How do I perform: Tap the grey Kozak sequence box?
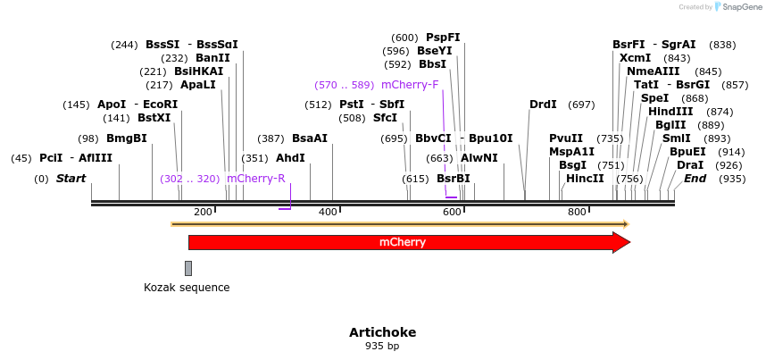pyautogui.click(x=188, y=268)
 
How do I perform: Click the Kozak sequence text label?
pyautogui.click(x=187, y=288)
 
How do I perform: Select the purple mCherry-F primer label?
pyautogui.click(x=410, y=85)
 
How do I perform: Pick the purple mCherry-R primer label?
pyautogui.click(x=256, y=179)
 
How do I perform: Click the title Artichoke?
pyautogui.click(x=382, y=332)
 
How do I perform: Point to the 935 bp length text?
pyautogui.click(x=382, y=346)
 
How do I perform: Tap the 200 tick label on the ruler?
pyautogui.click(x=203, y=212)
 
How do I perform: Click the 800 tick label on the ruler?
pyautogui.click(x=577, y=212)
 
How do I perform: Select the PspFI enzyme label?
pyautogui.click(x=443, y=38)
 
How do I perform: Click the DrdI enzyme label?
pyautogui.click(x=543, y=105)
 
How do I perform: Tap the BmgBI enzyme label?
pyautogui.click(x=127, y=138)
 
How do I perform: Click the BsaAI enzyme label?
pyautogui.click(x=310, y=138)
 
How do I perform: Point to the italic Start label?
pyautogui.click(x=71, y=179)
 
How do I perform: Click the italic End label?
pyautogui.click(x=695, y=179)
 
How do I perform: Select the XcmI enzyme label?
pyautogui.click(x=635, y=58)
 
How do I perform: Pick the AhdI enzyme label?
pyautogui.click(x=290, y=158)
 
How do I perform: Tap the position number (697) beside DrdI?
pyautogui.click(x=581, y=105)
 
